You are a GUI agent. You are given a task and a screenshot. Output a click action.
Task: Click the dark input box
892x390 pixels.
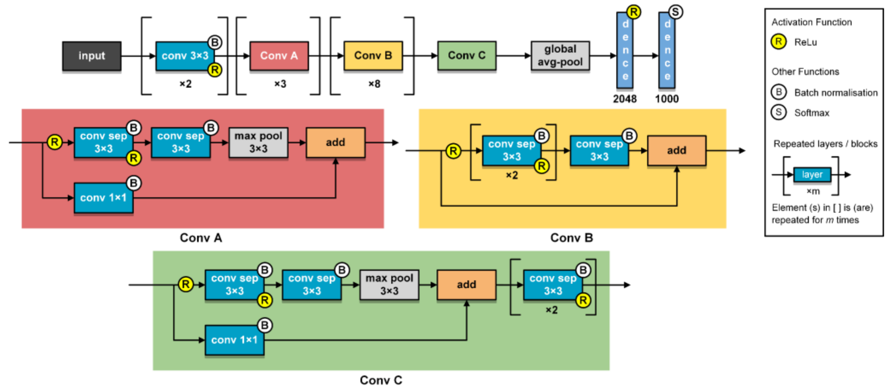[x=92, y=56]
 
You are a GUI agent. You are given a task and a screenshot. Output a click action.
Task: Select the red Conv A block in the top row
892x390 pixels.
[x=279, y=56]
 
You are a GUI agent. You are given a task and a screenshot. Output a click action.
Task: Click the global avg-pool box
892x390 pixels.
[x=560, y=55]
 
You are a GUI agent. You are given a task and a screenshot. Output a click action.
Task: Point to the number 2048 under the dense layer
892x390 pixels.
[x=624, y=99]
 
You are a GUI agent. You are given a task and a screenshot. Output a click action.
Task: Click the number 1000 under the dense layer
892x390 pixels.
[x=667, y=99]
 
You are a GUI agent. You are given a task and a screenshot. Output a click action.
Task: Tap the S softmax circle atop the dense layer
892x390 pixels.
[x=675, y=12]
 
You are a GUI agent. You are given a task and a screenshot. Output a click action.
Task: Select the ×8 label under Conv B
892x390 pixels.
[x=374, y=84]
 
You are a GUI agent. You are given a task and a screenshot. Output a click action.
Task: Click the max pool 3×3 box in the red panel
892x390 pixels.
[x=258, y=142]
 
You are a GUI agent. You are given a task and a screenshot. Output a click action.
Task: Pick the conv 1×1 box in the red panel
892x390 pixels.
[x=103, y=198]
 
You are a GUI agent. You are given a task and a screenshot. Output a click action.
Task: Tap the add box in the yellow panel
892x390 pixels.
[x=676, y=150]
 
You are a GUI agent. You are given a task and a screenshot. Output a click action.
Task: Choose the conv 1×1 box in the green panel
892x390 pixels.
[x=234, y=340]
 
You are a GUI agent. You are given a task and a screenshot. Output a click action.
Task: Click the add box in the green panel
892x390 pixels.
[x=466, y=285]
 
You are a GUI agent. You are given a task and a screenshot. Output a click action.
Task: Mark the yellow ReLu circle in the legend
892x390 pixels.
[x=779, y=42]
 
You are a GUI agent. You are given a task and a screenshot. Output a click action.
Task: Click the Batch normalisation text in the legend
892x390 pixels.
[x=836, y=93]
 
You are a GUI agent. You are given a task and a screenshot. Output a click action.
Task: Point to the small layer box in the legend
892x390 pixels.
[x=812, y=174]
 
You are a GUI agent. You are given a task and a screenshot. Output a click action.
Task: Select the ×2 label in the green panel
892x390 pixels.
[x=551, y=310]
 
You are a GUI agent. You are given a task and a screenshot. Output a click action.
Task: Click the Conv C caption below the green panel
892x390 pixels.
[x=381, y=380]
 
